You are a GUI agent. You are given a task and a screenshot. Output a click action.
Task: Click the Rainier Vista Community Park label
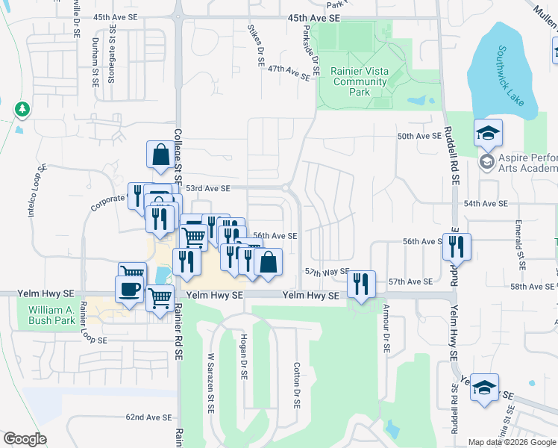pyautogui.click(x=351, y=82)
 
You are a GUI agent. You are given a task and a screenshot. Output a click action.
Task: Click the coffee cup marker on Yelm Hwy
pyautogui.click(x=129, y=289)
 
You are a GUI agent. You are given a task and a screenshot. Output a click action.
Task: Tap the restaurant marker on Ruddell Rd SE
pyautogui.click(x=457, y=246)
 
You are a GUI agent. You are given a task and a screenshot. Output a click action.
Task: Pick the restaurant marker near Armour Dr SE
pyautogui.click(x=361, y=284)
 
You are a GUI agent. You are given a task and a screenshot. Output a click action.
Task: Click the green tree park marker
pyautogui.click(x=22, y=110)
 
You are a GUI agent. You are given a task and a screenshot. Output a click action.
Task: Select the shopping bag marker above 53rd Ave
pyautogui.click(x=160, y=155)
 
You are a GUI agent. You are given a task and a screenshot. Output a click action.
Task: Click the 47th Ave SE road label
pyautogui.click(x=289, y=72)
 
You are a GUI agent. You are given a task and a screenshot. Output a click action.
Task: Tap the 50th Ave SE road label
pyautogui.click(x=420, y=137)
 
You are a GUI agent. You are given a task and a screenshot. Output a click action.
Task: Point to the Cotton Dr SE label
pyautogui.click(x=296, y=385)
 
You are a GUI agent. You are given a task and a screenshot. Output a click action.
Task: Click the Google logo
pyautogui.click(x=25, y=439)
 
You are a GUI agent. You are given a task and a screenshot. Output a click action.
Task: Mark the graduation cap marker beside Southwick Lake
pyautogui.click(x=488, y=133)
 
